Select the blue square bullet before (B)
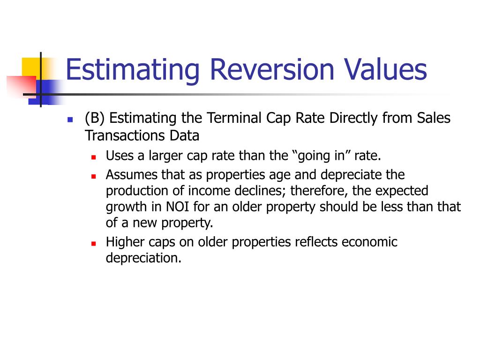click(70, 120)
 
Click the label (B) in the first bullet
click(95, 118)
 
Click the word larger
click(157, 156)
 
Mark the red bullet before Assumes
click(93, 176)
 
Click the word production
click(135, 191)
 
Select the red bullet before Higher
click(93, 244)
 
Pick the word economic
click(369, 242)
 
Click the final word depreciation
click(142, 258)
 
